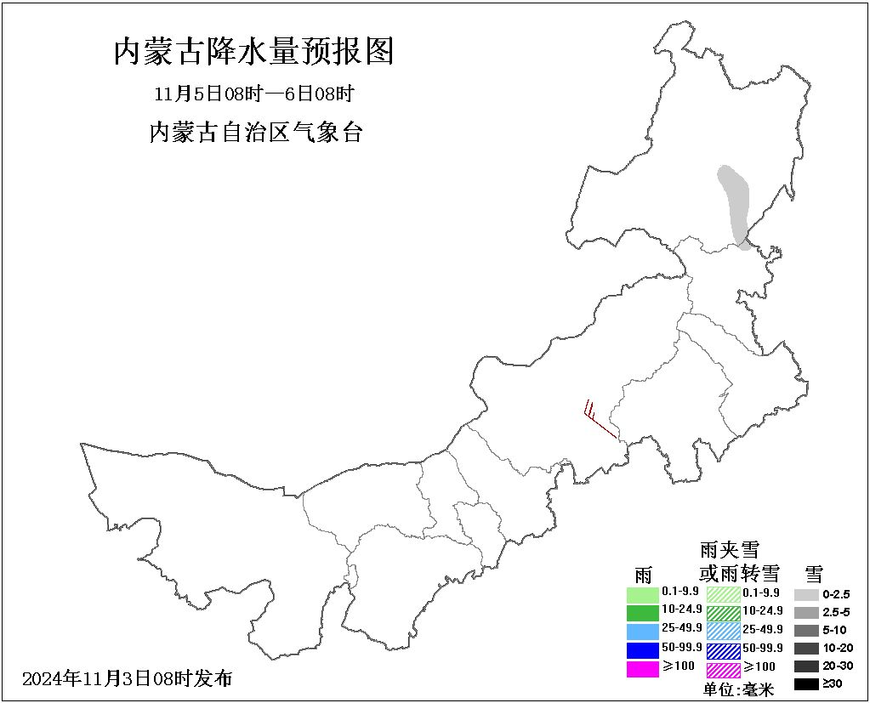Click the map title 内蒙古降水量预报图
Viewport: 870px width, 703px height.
(253, 52)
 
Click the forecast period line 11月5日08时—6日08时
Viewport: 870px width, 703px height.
(253, 93)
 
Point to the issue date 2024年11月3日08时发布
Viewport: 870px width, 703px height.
(127, 678)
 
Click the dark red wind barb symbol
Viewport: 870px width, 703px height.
(600, 420)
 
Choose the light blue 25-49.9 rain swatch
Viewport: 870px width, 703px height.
(643, 631)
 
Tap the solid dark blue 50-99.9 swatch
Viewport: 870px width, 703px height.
(643, 650)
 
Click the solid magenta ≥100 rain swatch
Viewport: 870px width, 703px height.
(643, 669)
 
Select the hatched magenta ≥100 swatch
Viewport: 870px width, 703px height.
(724, 669)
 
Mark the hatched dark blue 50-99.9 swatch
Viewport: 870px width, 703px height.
(724, 650)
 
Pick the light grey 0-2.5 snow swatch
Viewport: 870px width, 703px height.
(806, 594)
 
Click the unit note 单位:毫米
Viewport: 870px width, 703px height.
(739, 689)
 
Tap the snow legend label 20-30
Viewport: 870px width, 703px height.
(838, 666)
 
